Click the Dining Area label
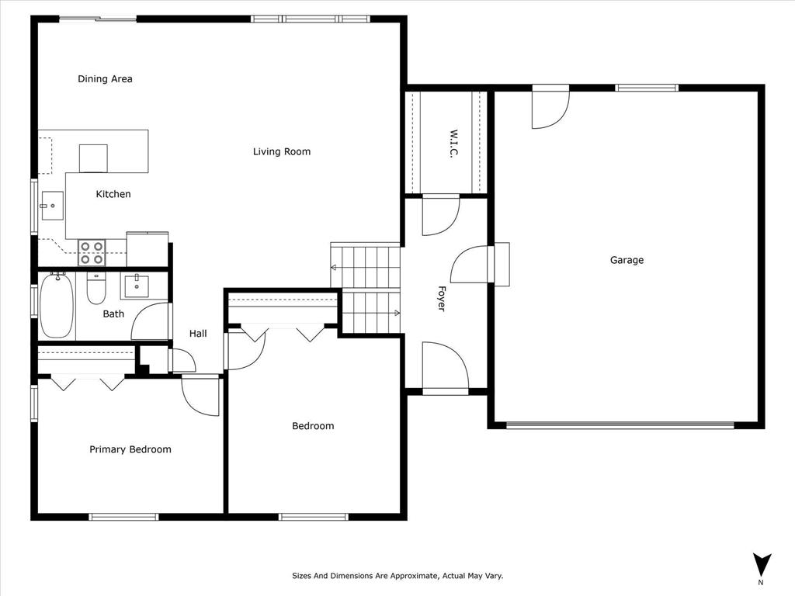tap(105, 78)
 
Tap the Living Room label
tap(282, 151)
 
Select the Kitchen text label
tap(113, 194)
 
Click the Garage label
tap(627, 260)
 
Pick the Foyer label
tap(441, 300)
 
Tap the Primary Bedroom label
tap(130, 449)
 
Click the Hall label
tap(198, 334)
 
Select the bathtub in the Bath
tap(56, 306)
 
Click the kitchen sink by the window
tap(53, 206)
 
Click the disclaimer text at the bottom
tap(397, 576)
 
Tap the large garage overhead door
tap(620, 425)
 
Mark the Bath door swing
tap(152, 322)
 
